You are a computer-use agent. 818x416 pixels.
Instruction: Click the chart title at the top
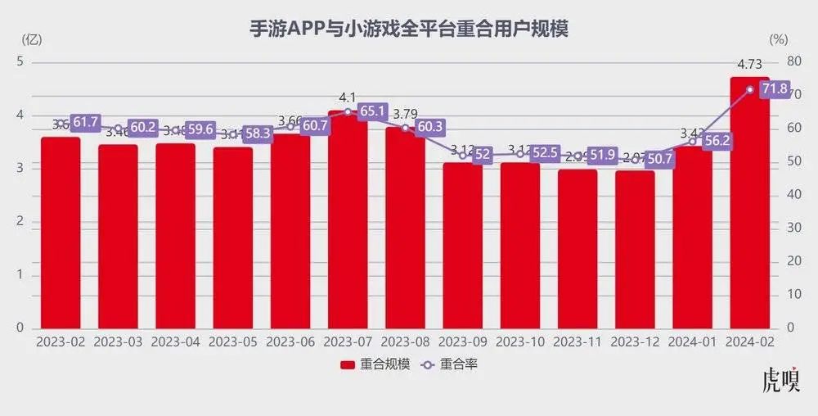click(408, 29)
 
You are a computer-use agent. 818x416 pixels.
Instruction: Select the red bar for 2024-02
click(749, 205)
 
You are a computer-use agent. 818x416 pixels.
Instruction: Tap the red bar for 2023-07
click(347, 221)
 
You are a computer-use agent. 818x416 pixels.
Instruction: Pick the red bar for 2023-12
click(635, 250)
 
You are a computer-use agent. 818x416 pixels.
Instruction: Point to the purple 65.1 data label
click(371, 111)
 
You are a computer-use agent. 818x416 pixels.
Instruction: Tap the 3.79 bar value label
click(406, 113)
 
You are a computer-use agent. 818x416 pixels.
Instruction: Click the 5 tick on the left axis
click(21, 61)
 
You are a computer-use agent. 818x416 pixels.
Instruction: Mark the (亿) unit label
click(31, 38)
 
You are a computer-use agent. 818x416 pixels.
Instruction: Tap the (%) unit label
click(778, 38)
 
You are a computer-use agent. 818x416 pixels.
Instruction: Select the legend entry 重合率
click(449, 364)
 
